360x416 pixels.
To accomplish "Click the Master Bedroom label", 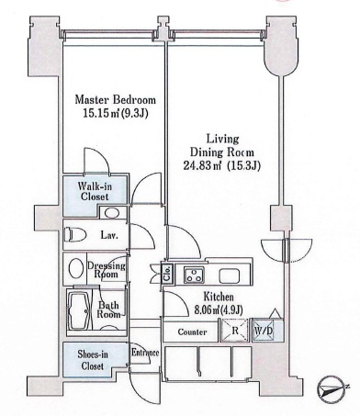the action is click(x=116, y=100).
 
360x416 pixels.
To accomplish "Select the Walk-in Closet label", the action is click(x=95, y=191).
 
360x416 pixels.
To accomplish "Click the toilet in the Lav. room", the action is click(x=74, y=235).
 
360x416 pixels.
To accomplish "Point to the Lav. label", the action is click(x=109, y=236).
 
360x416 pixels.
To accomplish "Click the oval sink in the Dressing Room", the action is click(x=75, y=269).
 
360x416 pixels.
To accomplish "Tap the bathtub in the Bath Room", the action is click(x=79, y=310).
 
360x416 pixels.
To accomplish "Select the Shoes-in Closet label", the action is click(x=93, y=360).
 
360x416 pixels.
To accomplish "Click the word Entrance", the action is click(x=145, y=353).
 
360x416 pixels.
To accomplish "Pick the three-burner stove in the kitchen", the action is click(x=194, y=275).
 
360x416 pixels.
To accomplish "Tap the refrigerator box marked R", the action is click(x=235, y=331).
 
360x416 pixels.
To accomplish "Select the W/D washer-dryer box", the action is click(x=264, y=331).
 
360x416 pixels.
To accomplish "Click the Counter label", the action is click(x=192, y=332).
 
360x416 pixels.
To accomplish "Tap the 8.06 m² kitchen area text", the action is click(x=219, y=310).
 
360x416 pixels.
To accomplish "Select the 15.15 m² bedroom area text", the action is click(x=116, y=114).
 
